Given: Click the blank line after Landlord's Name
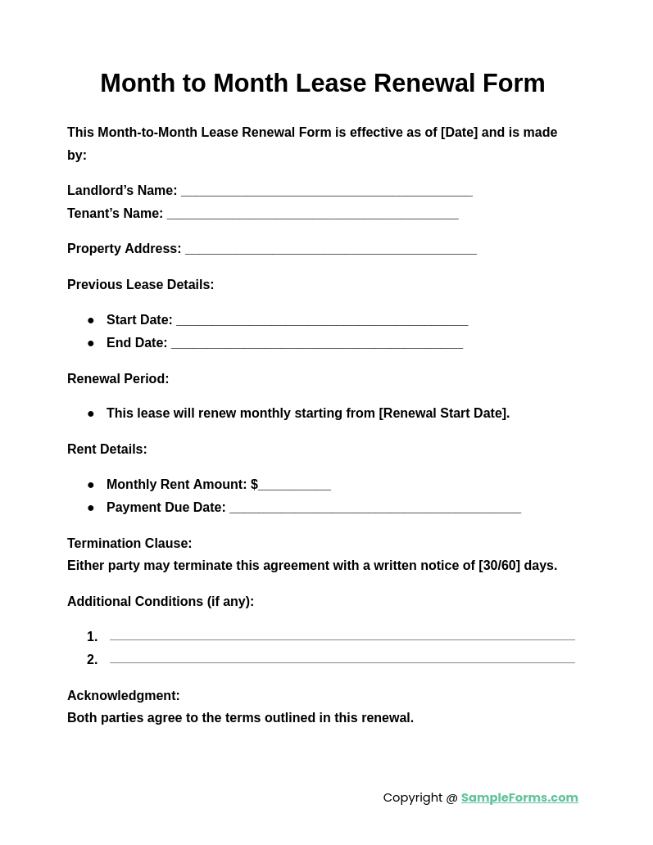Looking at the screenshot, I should click(x=326, y=193).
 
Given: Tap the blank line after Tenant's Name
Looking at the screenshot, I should click(x=312, y=216).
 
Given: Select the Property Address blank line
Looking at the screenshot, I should click(x=330, y=251).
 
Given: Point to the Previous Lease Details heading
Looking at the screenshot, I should click(x=140, y=285).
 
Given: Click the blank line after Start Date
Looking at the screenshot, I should click(x=322, y=323).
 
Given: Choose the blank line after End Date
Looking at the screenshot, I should click(x=316, y=346).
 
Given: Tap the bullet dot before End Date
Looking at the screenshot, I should click(x=91, y=343).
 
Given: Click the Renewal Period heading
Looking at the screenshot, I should click(x=118, y=379).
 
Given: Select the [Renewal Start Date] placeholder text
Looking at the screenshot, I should click(x=443, y=413).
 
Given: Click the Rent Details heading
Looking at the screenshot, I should click(x=107, y=450).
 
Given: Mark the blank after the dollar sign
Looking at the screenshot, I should click(x=295, y=487).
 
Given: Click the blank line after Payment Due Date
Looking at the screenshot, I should click(x=374, y=510).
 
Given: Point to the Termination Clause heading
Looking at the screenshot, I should click(x=129, y=544).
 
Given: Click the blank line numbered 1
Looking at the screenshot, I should click(x=342, y=639).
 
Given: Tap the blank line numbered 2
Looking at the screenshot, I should click(x=342, y=662).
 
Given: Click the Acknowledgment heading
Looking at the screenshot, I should click(x=124, y=696).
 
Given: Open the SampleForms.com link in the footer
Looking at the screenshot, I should click(x=519, y=798).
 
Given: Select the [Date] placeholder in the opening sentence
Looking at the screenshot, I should click(x=459, y=133).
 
